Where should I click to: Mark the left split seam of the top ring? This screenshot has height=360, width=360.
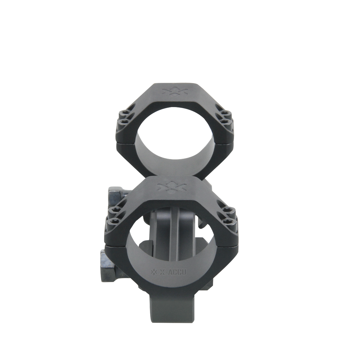(x=126, y=141)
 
